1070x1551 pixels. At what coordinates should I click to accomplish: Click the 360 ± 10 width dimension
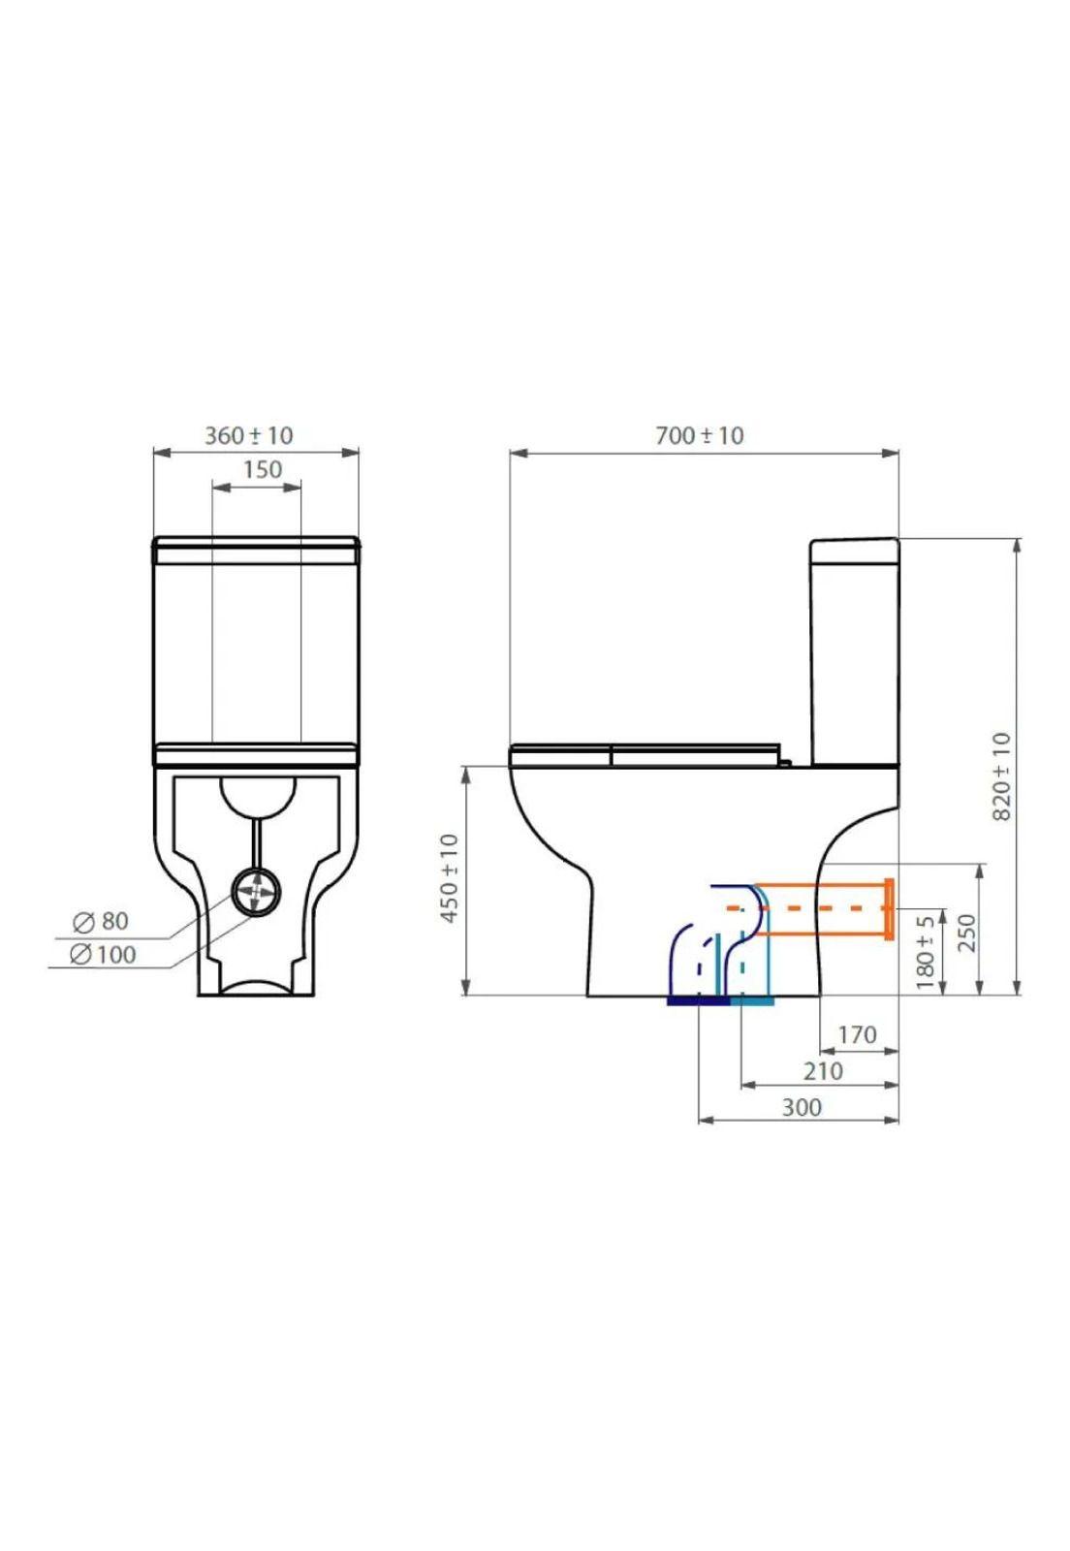click(248, 435)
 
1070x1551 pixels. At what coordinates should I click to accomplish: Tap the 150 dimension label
click(262, 469)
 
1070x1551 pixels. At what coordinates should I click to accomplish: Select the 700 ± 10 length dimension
click(699, 435)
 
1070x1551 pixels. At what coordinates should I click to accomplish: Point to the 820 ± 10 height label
click(1002, 775)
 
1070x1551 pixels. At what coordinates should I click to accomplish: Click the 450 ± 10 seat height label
click(450, 877)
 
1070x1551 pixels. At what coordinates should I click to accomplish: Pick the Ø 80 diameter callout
click(101, 920)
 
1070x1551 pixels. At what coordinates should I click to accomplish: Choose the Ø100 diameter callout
click(103, 954)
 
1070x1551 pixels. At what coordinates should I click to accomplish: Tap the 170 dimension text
click(857, 1034)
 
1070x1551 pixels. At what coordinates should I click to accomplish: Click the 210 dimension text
click(822, 1070)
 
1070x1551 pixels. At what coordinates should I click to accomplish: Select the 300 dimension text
click(802, 1106)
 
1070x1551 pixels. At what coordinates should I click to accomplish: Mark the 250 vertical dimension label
click(966, 933)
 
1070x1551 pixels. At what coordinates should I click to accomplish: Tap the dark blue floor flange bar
click(697, 999)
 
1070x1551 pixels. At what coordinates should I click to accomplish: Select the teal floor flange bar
click(752, 999)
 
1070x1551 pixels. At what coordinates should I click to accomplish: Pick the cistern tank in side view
click(855, 649)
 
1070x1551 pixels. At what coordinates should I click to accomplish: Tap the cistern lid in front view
click(257, 549)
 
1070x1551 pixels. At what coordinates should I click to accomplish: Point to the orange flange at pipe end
click(888, 908)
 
